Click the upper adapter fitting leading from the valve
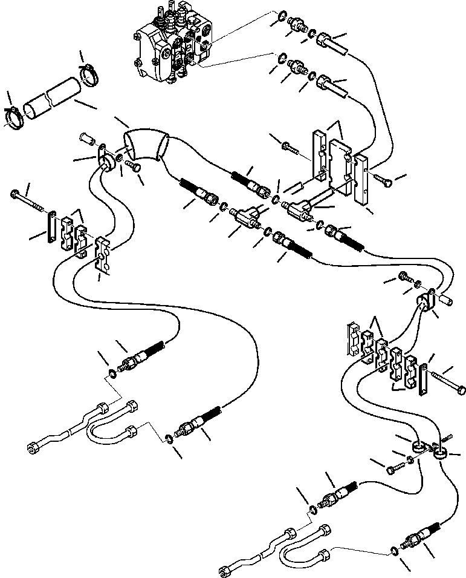[x=297, y=24]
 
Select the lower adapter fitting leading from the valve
[x=297, y=65]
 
